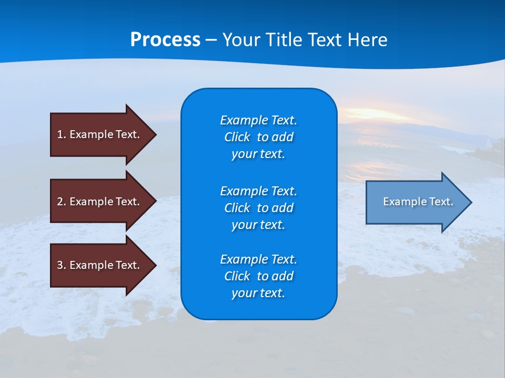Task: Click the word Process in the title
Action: click(x=165, y=40)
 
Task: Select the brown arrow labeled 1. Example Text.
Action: click(x=100, y=134)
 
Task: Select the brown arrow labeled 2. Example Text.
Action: click(x=100, y=202)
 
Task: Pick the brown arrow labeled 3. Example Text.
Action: click(x=100, y=265)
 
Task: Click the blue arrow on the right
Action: click(x=416, y=202)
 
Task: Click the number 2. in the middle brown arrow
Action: click(x=62, y=202)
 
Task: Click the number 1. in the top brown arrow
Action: click(x=62, y=134)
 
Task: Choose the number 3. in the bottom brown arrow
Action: click(x=62, y=265)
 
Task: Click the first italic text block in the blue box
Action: click(x=258, y=137)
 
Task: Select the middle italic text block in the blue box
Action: click(x=258, y=208)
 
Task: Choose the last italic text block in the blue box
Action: click(x=258, y=276)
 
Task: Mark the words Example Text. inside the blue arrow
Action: click(x=418, y=202)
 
